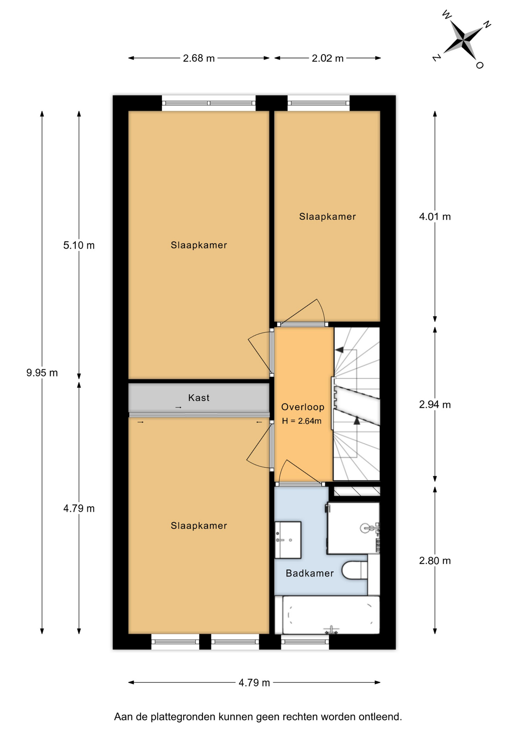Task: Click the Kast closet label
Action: (199, 398)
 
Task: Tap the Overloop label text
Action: (303, 407)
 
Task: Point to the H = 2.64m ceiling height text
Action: (302, 421)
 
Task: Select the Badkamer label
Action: (310, 573)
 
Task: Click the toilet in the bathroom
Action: (354, 570)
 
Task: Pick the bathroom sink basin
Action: (288, 539)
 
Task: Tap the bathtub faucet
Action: (331, 630)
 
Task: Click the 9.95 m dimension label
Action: (42, 372)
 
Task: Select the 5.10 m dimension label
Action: (79, 245)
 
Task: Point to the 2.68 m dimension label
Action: (199, 58)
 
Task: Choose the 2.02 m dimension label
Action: (328, 58)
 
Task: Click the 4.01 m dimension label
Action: (435, 217)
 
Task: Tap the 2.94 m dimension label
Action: (435, 405)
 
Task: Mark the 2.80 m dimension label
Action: (435, 560)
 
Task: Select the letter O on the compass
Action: (480, 65)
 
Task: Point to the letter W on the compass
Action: (447, 15)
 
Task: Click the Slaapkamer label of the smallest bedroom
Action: (327, 217)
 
